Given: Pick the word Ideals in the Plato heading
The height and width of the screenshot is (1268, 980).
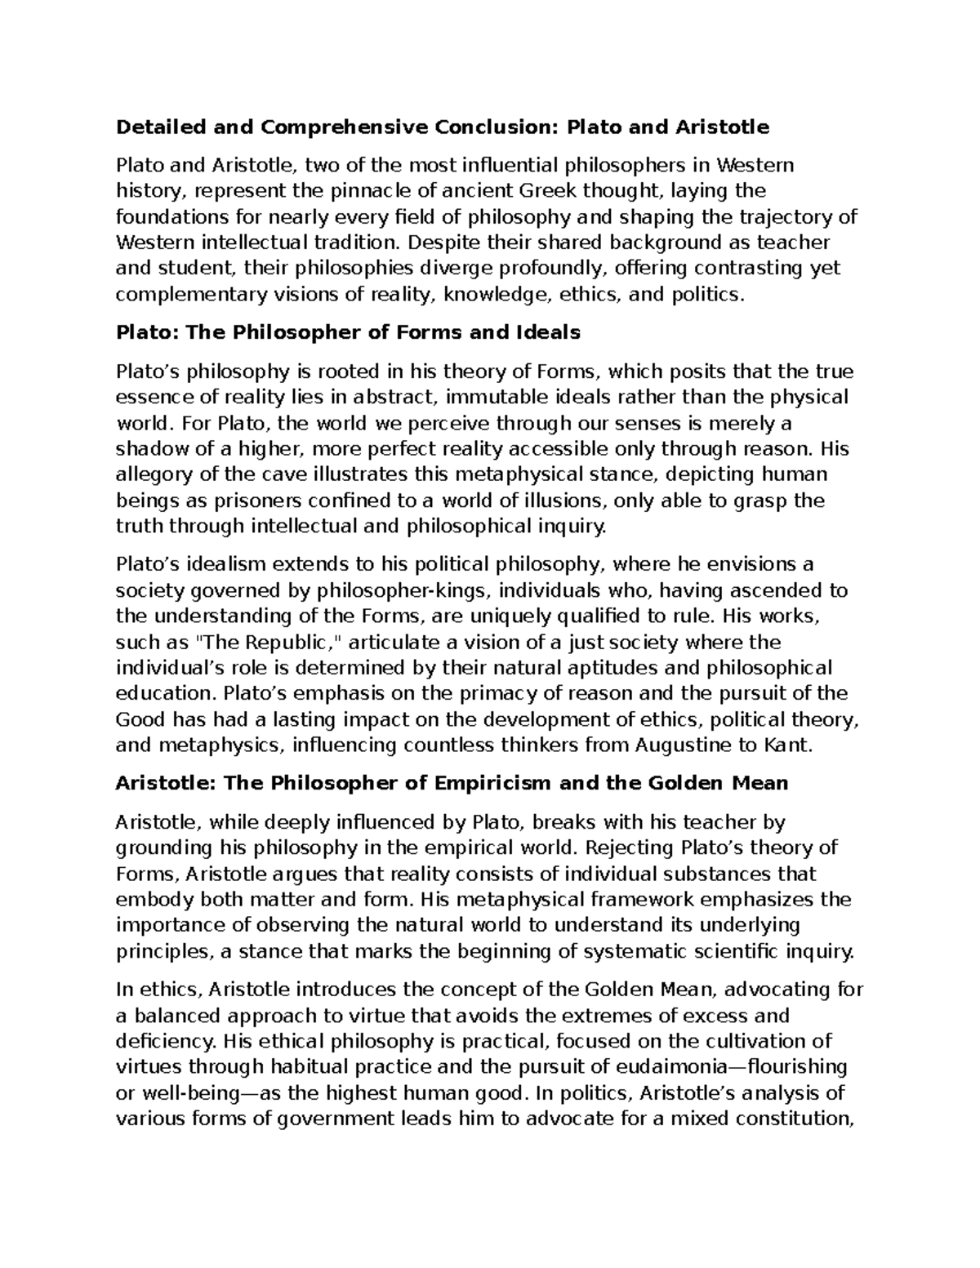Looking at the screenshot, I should coord(548,333).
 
